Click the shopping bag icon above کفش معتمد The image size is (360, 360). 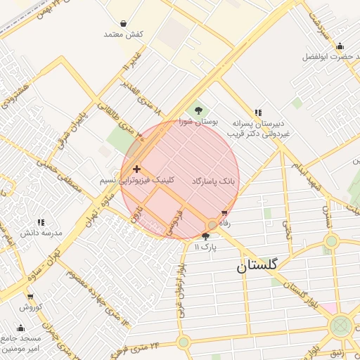tap(134, 23)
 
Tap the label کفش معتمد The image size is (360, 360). tap(123, 34)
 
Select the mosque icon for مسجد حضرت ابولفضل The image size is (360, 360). tap(340, 46)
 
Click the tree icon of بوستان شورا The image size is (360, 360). tap(198, 110)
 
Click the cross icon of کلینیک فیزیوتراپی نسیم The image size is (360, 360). tap(136, 169)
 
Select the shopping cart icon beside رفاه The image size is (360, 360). tap(224, 212)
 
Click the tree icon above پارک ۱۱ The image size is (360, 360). tap(205, 236)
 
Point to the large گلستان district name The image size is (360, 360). tap(257, 265)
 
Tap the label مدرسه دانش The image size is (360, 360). tap(41, 233)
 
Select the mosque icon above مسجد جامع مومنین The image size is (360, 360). tap(20, 328)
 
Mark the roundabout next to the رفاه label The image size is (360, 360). tap(212, 225)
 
